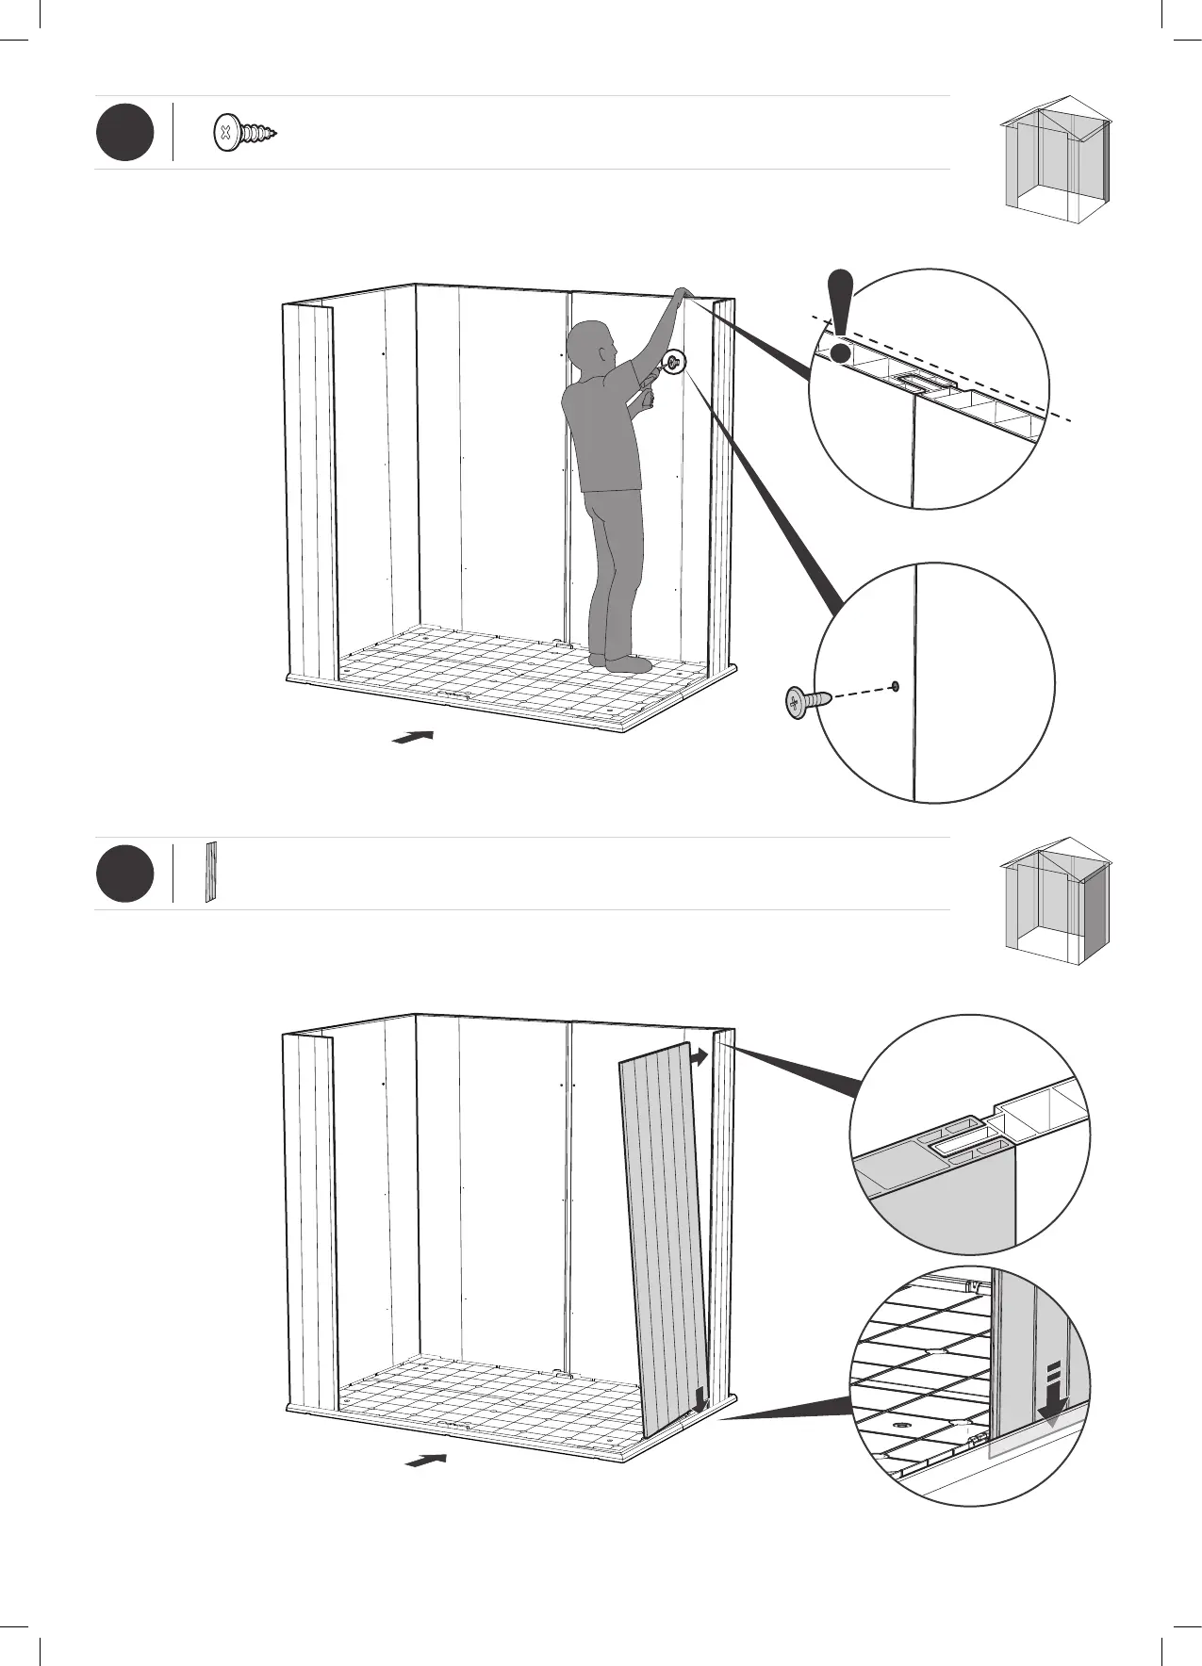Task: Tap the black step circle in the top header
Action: pyautogui.click(x=124, y=134)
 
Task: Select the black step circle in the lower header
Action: pyautogui.click(x=124, y=874)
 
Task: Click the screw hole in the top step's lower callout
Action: pyautogui.click(x=895, y=686)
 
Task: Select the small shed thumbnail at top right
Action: pyautogui.click(x=1057, y=151)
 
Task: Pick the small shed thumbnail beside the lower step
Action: pyautogui.click(x=1057, y=892)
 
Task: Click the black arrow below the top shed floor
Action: pyautogui.click(x=413, y=737)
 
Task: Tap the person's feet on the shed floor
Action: pyautogui.click(x=620, y=661)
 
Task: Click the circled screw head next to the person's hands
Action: pyautogui.click(x=674, y=363)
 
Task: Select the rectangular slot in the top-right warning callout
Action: pyautogui.click(x=914, y=381)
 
